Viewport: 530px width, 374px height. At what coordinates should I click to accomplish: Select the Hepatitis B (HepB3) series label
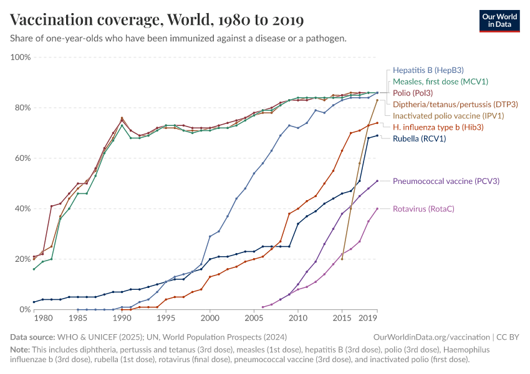pyautogui.click(x=428, y=70)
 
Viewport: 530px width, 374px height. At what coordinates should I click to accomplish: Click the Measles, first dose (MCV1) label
pyautogui.click(x=440, y=82)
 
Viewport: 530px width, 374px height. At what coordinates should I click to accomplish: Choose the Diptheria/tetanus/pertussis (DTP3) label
pyautogui.click(x=455, y=104)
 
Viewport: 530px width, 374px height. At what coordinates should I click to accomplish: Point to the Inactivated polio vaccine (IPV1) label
pyautogui.click(x=448, y=115)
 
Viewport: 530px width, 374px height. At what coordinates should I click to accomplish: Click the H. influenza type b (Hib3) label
pyautogui.click(x=438, y=127)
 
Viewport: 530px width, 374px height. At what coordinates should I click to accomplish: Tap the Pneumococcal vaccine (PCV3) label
pyautogui.click(x=446, y=181)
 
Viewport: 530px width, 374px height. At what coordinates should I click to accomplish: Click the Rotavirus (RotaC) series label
pyautogui.click(x=428, y=209)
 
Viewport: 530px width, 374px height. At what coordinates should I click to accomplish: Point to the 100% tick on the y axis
pyautogui.click(x=21, y=57)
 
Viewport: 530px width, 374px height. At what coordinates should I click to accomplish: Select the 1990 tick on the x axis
pyautogui.click(x=122, y=318)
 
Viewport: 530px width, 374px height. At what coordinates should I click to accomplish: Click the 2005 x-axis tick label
pyautogui.click(x=254, y=318)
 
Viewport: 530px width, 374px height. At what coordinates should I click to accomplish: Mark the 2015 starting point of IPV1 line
pyautogui.click(x=342, y=259)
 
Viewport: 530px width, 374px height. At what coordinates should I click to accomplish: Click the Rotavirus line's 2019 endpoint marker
pyautogui.click(x=377, y=208)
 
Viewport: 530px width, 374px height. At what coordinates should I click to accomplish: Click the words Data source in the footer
pyautogui.click(x=32, y=337)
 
